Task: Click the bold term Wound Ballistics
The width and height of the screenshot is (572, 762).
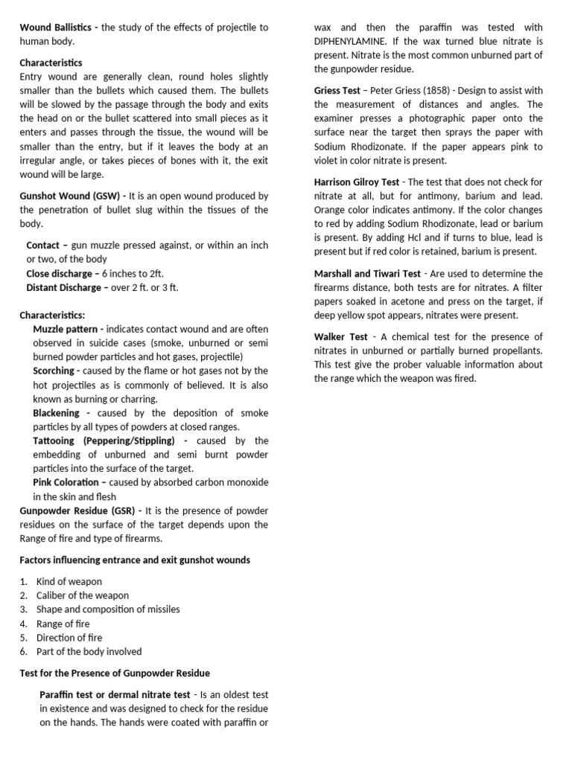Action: point(55,28)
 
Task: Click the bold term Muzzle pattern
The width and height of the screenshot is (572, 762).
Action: point(69,329)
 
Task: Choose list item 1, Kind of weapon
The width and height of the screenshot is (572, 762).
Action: point(69,581)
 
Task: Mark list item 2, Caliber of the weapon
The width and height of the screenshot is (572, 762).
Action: point(82,595)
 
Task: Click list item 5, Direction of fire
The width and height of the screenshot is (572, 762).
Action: point(69,638)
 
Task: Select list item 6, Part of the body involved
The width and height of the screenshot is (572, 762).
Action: point(89,652)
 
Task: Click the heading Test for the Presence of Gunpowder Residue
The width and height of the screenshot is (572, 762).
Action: point(115,673)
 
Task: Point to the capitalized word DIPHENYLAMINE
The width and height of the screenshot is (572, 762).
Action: point(354,42)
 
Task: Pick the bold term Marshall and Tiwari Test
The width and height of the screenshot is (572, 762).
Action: point(367,274)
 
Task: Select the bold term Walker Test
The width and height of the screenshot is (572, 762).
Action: point(340,336)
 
